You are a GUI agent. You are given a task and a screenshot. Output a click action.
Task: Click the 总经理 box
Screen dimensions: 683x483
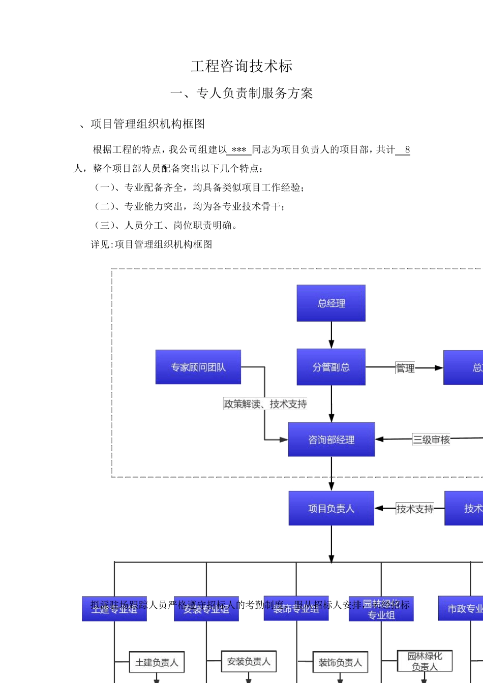click(331, 303)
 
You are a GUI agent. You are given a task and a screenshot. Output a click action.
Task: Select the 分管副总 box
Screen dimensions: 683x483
click(331, 367)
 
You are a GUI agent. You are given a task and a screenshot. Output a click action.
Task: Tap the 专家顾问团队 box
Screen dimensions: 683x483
click(198, 367)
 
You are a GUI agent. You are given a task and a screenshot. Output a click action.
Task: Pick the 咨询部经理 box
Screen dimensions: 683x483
click(331, 440)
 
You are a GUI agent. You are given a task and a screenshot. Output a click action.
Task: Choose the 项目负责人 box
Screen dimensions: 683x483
click(331, 508)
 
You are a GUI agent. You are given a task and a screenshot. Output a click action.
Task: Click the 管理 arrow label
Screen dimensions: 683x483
click(405, 368)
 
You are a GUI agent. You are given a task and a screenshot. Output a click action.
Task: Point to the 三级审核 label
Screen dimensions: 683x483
click(431, 440)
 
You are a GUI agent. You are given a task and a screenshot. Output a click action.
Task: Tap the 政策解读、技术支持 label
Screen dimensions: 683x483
click(265, 404)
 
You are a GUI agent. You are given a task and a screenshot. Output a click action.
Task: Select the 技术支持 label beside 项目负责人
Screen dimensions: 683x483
click(415, 509)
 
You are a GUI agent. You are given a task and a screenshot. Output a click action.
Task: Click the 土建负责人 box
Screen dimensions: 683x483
click(157, 662)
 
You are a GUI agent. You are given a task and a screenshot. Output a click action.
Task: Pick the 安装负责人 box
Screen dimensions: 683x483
click(249, 661)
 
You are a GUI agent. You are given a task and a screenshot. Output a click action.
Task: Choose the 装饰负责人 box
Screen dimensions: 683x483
click(340, 662)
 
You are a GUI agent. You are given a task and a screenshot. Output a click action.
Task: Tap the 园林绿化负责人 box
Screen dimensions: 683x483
click(425, 661)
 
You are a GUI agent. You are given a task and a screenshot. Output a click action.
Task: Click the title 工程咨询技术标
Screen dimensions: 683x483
click(242, 66)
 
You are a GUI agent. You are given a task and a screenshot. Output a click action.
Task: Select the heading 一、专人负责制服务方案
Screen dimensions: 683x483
click(242, 93)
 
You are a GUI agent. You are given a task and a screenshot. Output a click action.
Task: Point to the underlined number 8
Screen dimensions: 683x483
click(407, 150)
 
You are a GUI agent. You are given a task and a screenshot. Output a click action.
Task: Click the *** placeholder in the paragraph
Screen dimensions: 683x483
click(238, 150)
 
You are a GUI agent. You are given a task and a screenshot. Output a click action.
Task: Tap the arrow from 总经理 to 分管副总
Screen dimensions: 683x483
click(331, 335)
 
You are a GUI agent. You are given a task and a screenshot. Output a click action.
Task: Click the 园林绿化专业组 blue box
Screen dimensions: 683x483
click(381, 609)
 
